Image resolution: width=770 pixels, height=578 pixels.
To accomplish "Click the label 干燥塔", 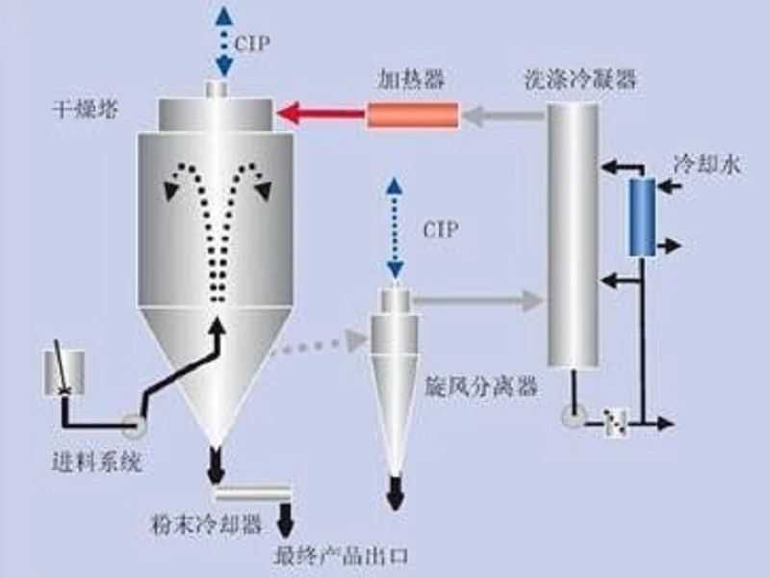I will click(x=84, y=109).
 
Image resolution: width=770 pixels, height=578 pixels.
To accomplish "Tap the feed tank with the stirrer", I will click(x=64, y=371).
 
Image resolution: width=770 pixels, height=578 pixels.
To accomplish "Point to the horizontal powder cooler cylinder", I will click(x=252, y=494).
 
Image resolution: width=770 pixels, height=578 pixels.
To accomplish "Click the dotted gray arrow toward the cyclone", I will click(x=313, y=346).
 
